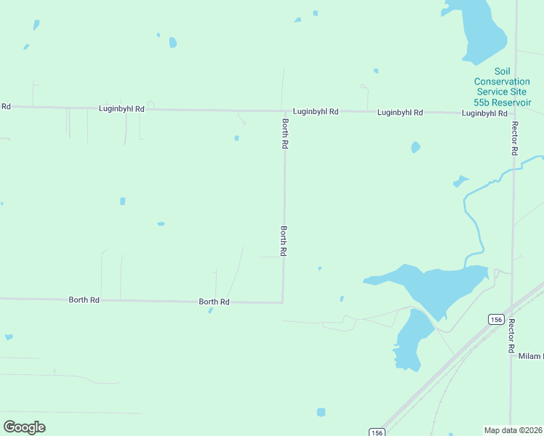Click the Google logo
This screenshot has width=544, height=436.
coord(24,427)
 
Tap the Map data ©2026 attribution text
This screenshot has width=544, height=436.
coord(513,430)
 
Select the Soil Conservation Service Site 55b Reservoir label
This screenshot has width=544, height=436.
coord(502,86)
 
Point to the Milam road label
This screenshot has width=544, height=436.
coord(530,356)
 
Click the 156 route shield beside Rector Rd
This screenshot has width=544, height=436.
coord(496,320)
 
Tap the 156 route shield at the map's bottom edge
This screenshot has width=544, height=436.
coord(376,432)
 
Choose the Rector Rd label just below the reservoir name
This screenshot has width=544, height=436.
coord(513,138)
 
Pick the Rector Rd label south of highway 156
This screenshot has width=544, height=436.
coord(512,336)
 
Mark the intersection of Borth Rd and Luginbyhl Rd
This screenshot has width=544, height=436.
coord(284,111)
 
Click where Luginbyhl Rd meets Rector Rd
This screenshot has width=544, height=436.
coord(513,113)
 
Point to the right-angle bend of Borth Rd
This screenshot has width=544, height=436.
coord(282,302)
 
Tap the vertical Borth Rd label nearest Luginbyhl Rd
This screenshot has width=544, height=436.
coord(285,134)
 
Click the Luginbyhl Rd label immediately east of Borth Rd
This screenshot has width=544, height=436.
coord(316,112)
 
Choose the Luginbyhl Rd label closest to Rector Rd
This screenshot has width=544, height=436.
coord(484,113)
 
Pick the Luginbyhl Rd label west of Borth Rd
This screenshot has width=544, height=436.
coord(121,108)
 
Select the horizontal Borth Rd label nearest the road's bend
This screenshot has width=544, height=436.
coord(215,302)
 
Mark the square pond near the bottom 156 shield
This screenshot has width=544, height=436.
coord(321,412)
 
